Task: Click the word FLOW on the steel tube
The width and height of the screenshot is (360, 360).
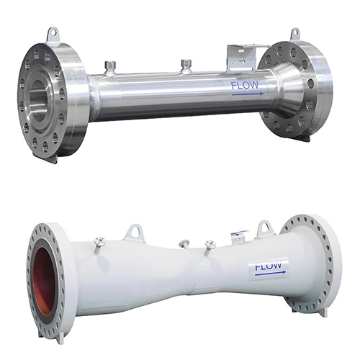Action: [x=245, y=86]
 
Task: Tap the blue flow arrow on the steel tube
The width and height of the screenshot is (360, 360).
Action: [x=248, y=94]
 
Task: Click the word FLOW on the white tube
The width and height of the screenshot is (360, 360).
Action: [x=268, y=266]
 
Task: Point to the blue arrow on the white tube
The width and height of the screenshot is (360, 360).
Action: [x=271, y=272]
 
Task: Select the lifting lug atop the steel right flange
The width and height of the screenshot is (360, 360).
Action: [x=295, y=35]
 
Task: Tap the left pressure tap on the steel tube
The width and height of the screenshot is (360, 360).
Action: [x=110, y=68]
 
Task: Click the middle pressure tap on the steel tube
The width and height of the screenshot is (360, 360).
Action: [x=186, y=66]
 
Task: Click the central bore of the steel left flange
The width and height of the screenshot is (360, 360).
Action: [x=39, y=100]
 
